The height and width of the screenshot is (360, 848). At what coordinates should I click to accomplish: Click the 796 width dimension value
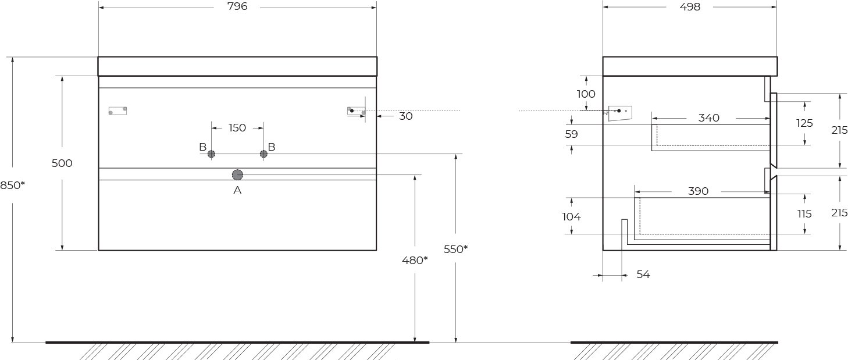tap(238, 6)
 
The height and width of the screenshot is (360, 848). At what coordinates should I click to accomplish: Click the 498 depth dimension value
tap(690, 7)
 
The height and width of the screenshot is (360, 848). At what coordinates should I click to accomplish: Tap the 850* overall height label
tap(12, 185)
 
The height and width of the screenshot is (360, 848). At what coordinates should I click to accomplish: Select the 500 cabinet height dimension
tap(62, 163)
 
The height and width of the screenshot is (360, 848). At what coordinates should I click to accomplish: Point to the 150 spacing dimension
tap(237, 128)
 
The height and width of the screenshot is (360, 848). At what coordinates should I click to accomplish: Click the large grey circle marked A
tap(237, 174)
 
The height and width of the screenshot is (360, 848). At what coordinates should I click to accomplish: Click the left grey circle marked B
tap(211, 154)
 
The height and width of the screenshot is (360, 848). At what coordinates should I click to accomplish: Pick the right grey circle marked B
tap(263, 154)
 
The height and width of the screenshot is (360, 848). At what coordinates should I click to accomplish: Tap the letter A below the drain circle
tap(237, 190)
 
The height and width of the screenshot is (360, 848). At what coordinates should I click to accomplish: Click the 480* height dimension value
tap(415, 260)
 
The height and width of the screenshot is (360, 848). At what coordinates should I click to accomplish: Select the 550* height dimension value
tap(456, 249)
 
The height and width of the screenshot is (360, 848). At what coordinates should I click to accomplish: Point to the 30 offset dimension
tap(406, 116)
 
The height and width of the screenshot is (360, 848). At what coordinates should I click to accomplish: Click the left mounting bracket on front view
tap(117, 111)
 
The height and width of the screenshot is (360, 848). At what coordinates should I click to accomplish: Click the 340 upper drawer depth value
tap(708, 118)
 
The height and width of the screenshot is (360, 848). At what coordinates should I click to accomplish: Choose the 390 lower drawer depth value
tap(698, 191)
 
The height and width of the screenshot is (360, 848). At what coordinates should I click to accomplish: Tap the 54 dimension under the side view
tap(643, 274)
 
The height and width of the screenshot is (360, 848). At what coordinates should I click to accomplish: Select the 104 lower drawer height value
tap(572, 216)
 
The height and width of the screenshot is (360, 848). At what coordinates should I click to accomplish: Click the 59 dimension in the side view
tap(572, 134)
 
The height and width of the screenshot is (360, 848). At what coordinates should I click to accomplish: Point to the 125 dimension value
tap(804, 123)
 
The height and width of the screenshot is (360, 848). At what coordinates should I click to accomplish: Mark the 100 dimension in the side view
tap(586, 94)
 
